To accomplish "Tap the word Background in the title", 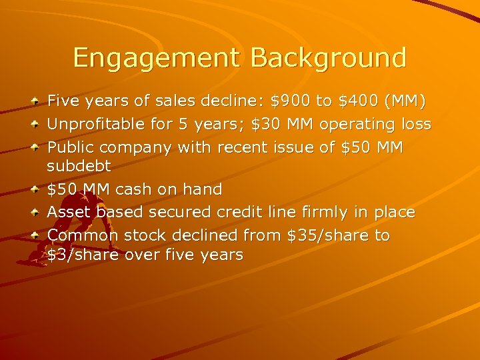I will pyautogui.click(x=329, y=57).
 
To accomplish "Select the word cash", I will pyautogui.click(x=134, y=189).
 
